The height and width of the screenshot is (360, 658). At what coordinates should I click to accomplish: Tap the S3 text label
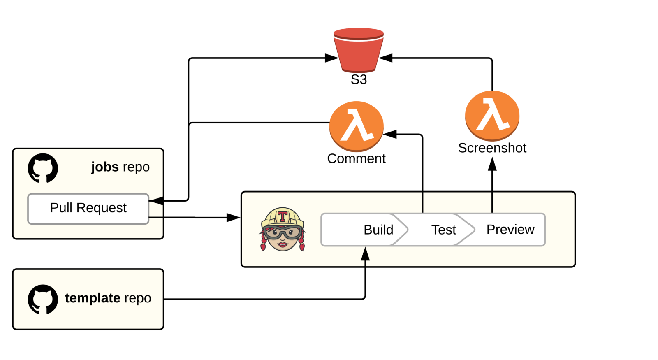pos(359,79)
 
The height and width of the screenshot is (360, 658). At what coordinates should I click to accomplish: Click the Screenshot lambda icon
pos(492,116)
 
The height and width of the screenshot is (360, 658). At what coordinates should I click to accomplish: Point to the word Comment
pos(357,159)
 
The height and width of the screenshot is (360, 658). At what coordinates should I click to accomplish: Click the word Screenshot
pos(492,148)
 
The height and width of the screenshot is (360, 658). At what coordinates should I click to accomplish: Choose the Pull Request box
pos(88,209)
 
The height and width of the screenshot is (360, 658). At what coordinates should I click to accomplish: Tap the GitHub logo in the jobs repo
pos(43,168)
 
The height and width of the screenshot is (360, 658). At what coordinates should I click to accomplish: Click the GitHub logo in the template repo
pos(43,299)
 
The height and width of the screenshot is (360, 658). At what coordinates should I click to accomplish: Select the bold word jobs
pos(105,167)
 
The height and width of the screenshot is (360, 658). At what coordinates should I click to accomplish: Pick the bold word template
pos(93,298)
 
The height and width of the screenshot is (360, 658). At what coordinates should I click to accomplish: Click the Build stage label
pos(378,230)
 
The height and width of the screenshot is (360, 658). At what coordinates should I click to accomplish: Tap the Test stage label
pos(443,230)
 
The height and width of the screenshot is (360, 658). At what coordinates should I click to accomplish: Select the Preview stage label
pos(510,230)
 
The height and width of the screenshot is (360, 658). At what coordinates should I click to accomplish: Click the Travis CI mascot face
pos(283,237)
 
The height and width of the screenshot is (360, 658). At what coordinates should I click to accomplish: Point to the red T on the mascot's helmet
pos(283,216)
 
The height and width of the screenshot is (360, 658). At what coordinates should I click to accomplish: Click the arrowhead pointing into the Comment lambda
pos(390,134)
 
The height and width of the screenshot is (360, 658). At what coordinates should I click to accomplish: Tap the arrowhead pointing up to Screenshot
pos(492,164)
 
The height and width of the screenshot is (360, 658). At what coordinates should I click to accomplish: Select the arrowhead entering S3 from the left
pos(331,58)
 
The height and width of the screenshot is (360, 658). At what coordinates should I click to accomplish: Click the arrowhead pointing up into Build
pos(365,254)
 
